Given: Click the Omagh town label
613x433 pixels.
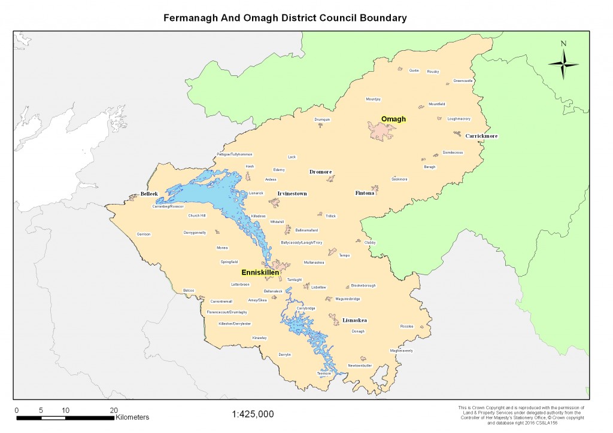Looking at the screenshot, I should pos(393,119).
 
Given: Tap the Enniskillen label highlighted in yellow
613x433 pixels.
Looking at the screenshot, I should pos(260,272).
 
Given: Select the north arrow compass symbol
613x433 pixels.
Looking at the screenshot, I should pos(563,61).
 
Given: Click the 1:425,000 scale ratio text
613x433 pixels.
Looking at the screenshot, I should pos(252,414).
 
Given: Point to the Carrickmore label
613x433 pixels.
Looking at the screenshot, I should pos(481,136).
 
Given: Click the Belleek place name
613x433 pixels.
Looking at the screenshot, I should pos(148,194).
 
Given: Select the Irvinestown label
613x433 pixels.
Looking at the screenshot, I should pos(292,193).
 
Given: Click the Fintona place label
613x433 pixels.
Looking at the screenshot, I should pos(365,193).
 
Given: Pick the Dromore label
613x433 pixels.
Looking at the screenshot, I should pos(320,172).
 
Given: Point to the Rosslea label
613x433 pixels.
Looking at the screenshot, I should pos(406,327).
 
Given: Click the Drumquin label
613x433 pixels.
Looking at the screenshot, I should pos(322,120).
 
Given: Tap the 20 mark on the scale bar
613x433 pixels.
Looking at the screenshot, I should pos(114,410).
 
